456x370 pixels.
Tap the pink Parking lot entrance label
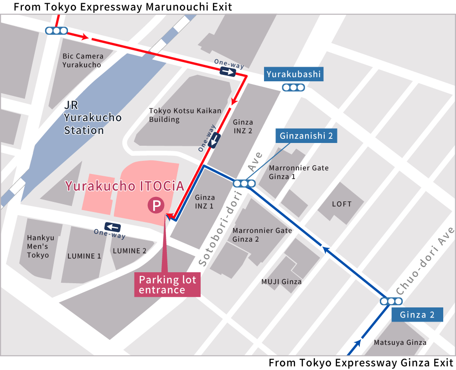click(x=167, y=285)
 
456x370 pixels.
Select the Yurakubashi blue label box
click(x=294, y=74)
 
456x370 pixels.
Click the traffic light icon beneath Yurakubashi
click(x=293, y=88)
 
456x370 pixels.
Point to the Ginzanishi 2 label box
click(x=306, y=136)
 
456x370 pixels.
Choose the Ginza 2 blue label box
click(x=417, y=315)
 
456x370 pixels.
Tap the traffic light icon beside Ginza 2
click(x=391, y=301)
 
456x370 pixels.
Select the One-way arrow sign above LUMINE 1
click(x=112, y=227)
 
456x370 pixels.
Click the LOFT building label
click(x=342, y=204)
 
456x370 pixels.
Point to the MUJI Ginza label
click(x=281, y=282)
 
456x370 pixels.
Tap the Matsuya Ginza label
click(x=400, y=342)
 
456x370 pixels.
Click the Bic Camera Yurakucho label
click(x=83, y=60)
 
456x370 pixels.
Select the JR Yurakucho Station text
click(x=93, y=117)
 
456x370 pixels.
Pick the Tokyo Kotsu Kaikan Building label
click(x=185, y=115)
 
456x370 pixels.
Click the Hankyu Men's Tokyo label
click(x=40, y=246)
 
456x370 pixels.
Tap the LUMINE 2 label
click(x=130, y=251)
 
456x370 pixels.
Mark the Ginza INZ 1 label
click(x=204, y=201)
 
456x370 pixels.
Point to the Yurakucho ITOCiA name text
click(x=124, y=186)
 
